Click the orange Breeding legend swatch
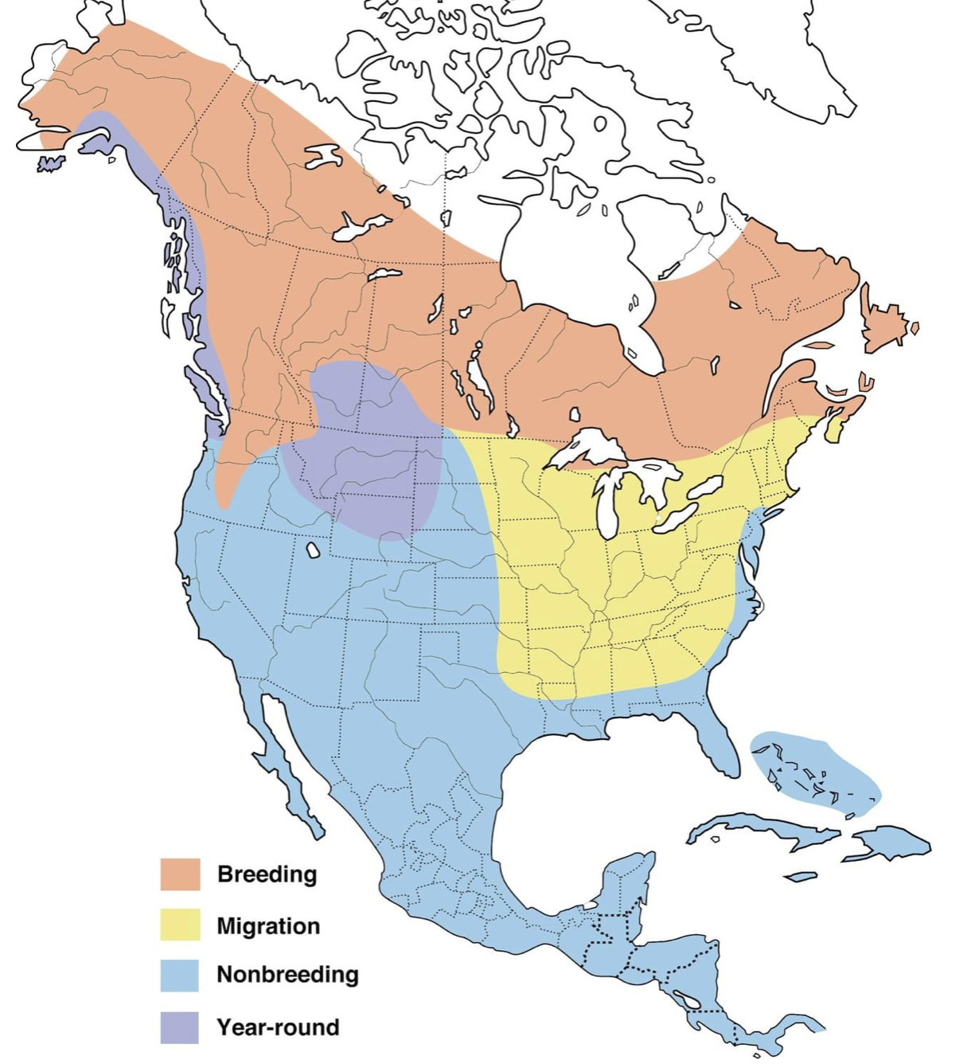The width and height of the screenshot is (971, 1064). (180, 874)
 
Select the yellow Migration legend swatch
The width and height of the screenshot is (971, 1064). (180, 925)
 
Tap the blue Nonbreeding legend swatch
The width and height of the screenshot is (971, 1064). (180, 975)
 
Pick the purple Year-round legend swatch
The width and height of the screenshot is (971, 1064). (180, 1027)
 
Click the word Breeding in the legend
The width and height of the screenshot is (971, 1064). (267, 874)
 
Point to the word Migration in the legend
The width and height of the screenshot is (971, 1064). (268, 925)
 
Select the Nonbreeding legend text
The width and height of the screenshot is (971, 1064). (287, 974)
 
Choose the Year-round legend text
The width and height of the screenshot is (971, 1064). (278, 1027)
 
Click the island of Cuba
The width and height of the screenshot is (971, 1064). (764, 828)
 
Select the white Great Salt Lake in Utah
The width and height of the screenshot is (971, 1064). (314, 550)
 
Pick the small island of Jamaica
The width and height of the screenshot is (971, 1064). (800, 876)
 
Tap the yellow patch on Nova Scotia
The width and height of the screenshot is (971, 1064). (834, 431)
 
